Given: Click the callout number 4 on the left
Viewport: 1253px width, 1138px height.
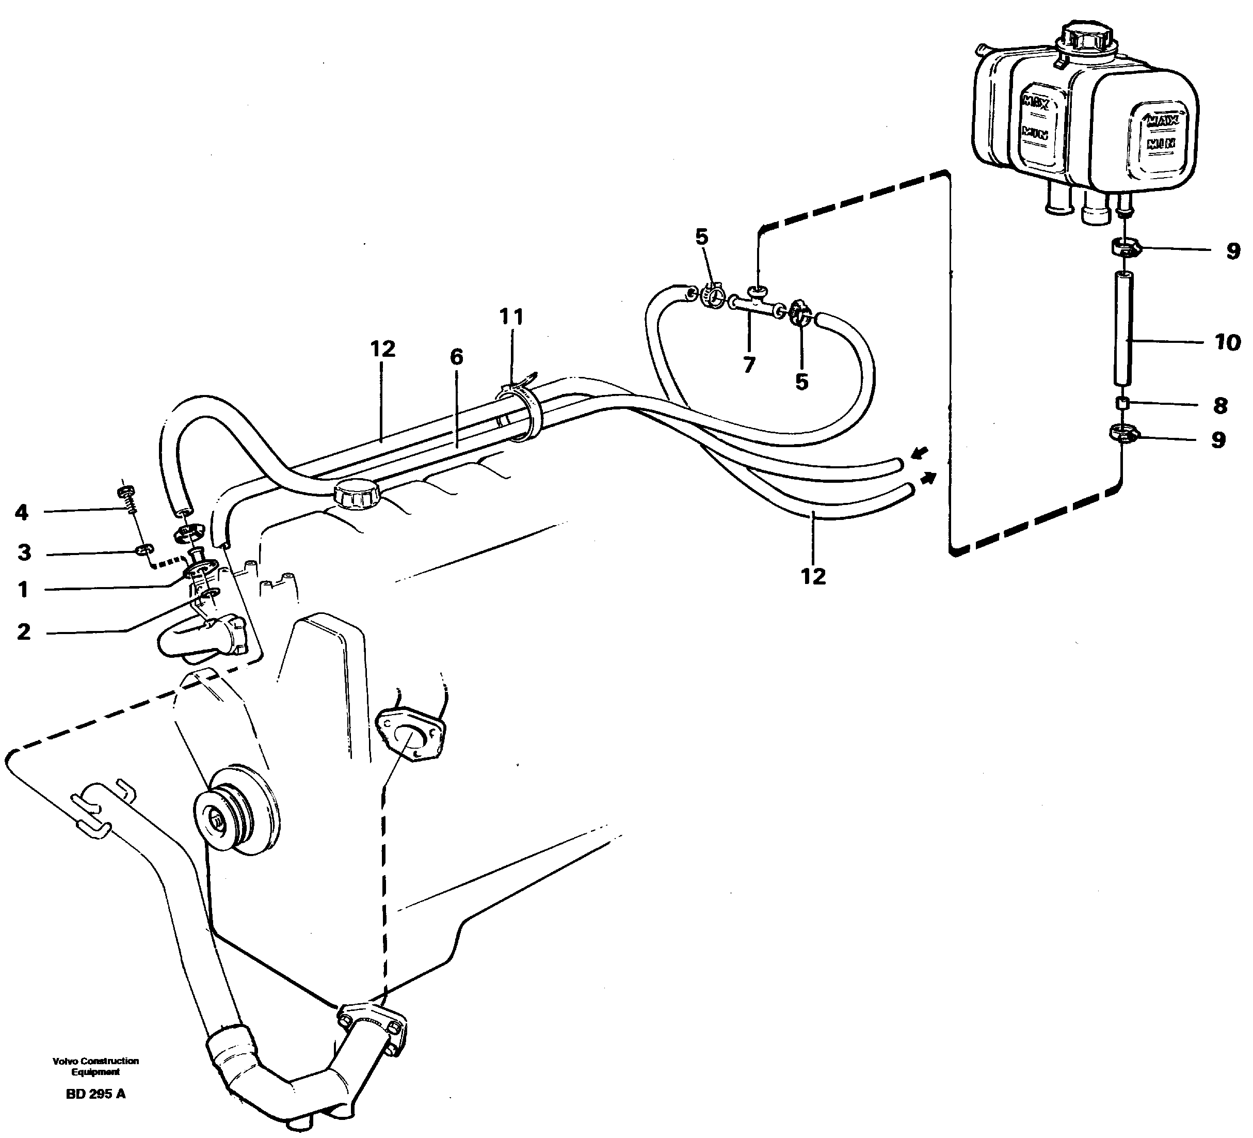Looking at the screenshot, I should click(x=22, y=513).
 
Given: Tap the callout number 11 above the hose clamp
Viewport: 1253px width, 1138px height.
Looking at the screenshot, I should click(x=511, y=317).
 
